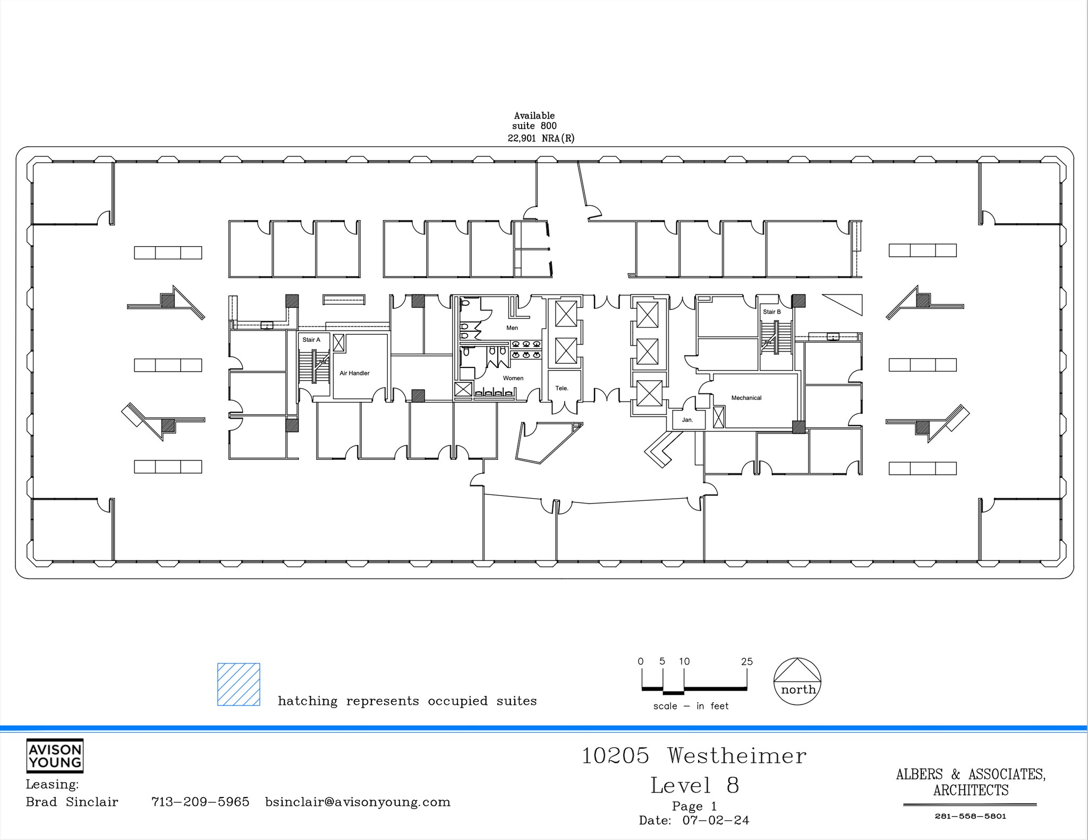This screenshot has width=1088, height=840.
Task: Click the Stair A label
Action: (x=311, y=340)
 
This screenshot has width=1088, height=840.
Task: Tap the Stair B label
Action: (x=771, y=312)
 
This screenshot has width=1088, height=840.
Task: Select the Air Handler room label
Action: (x=354, y=373)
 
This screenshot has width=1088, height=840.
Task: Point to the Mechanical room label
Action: (x=746, y=398)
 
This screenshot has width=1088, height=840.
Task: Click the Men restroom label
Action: (x=512, y=328)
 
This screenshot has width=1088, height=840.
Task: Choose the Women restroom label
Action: (x=513, y=379)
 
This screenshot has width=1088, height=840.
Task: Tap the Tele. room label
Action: (x=562, y=388)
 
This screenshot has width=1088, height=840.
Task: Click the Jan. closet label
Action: (x=687, y=420)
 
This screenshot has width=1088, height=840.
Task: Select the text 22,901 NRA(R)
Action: (x=541, y=138)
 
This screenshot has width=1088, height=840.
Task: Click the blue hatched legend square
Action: (x=239, y=684)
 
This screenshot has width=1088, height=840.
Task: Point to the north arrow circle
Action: (x=797, y=682)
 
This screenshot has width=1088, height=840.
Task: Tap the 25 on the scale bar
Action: (x=746, y=662)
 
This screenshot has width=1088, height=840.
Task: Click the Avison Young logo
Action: (x=55, y=756)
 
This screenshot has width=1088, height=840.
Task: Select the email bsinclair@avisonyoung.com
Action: (x=358, y=802)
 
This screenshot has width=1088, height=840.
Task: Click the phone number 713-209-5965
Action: (x=200, y=802)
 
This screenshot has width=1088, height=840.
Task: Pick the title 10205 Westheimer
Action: (x=694, y=756)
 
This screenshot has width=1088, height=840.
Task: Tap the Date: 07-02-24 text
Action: (x=694, y=820)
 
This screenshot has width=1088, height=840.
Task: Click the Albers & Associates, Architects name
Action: (x=971, y=782)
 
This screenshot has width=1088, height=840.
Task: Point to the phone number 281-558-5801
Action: (x=970, y=816)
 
